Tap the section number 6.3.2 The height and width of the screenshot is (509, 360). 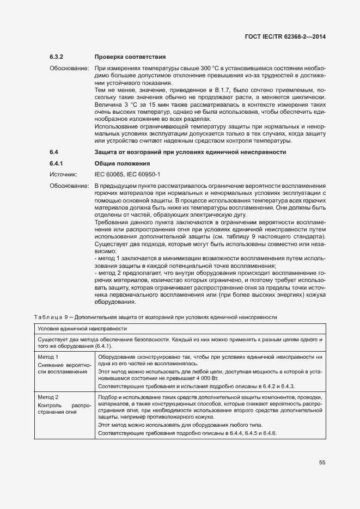[57, 57]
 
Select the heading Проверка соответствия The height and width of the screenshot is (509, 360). [130, 57]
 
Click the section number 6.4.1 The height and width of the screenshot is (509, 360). [57, 163]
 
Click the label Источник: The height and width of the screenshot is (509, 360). [64, 174]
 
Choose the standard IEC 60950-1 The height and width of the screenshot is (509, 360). [144, 174]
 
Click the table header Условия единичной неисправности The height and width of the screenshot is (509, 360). [82, 329]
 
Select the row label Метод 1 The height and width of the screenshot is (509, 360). [48, 357]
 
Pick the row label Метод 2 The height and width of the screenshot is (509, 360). [48, 397]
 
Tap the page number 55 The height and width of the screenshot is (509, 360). [322, 462]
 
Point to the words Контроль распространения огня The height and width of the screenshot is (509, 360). [62, 408]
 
